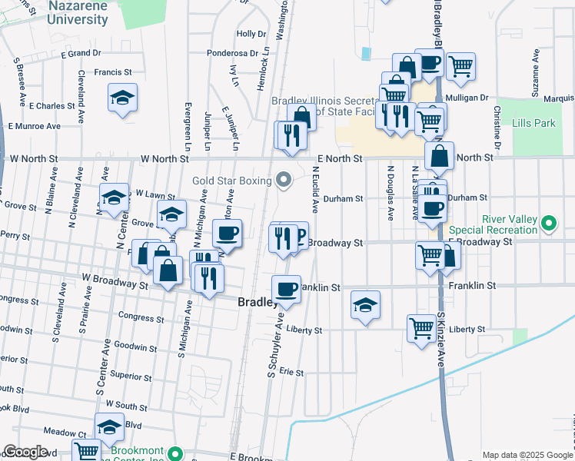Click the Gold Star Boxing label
(232, 181)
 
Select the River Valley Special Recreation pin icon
(549, 224)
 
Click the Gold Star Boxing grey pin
(284, 181)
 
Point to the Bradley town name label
(258, 303)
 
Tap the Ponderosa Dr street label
(232, 53)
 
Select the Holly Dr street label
(251, 34)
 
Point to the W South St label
(126, 404)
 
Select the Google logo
(25, 452)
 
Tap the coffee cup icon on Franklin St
(286, 289)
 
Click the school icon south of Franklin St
(366, 304)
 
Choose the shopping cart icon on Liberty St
(421, 328)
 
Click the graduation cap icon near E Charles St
(122, 98)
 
